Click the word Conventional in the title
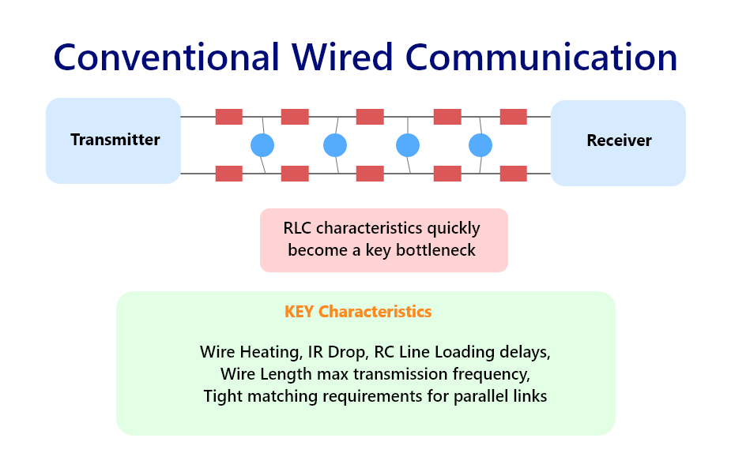click(167, 58)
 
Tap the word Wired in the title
click(343, 57)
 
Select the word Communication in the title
click(541, 58)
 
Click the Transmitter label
click(115, 140)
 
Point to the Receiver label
click(619, 140)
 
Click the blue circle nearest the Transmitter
click(262, 145)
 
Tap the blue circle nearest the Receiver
click(480, 145)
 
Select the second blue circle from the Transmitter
click(335, 145)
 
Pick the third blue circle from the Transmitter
click(408, 145)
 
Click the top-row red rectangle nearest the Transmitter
click(229, 117)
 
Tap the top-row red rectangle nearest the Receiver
click(514, 117)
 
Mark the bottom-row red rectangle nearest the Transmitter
click(229, 174)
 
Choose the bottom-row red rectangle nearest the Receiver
click(514, 174)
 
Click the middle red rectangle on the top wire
click(370, 117)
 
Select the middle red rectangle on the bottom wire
click(370, 174)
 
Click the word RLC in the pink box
click(297, 228)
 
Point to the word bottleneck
click(435, 250)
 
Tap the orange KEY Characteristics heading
click(358, 312)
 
